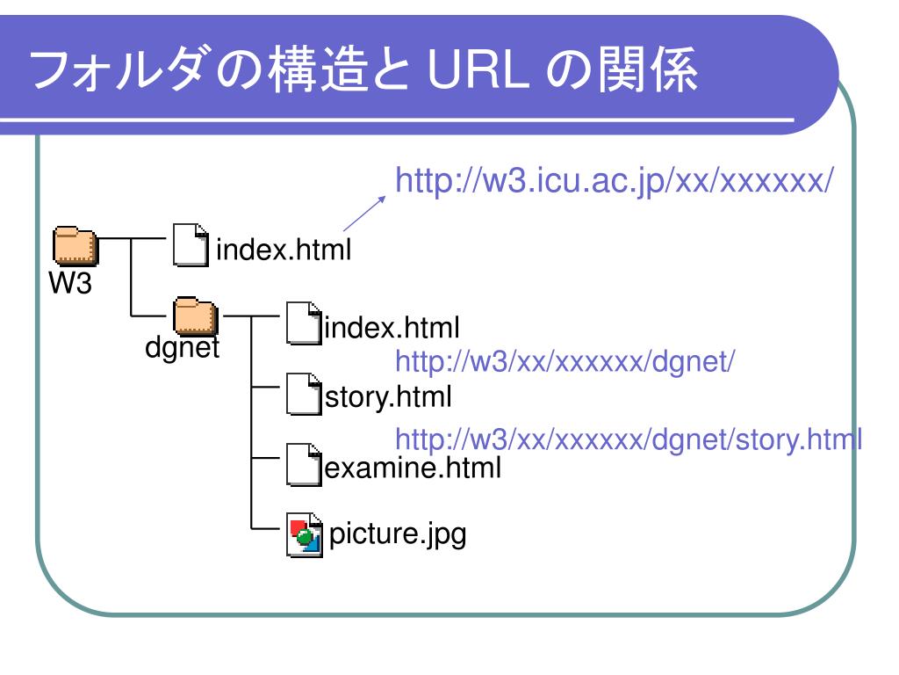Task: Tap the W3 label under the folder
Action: click(x=69, y=283)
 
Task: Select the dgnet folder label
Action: click(x=182, y=349)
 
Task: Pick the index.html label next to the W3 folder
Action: click(x=284, y=251)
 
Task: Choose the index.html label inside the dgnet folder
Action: click(x=392, y=330)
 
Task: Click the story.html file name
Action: click(x=389, y=398)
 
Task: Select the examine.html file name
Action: click(x=413, y=468)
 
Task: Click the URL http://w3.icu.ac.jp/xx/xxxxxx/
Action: click(x=614, y=182)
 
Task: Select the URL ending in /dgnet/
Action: click(x=565, y=360)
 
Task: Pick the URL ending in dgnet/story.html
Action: click(x=629, y=438)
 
